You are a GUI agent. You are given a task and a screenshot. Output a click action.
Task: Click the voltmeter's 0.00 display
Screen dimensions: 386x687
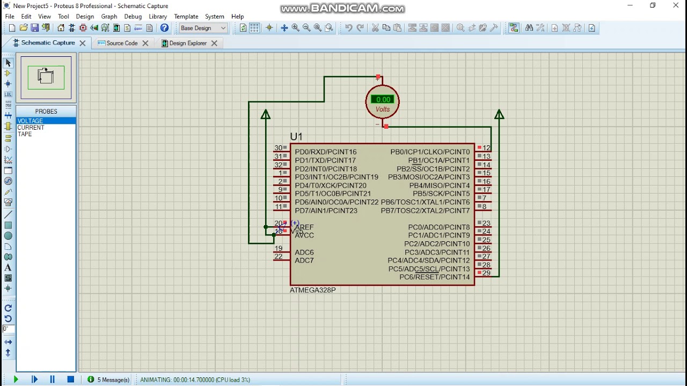(x=383, y=100)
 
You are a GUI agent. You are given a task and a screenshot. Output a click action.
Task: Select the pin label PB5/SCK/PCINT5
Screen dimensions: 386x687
(x=441, y=194)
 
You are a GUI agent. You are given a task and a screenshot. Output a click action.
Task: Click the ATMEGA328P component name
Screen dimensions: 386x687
(x=312, y=290)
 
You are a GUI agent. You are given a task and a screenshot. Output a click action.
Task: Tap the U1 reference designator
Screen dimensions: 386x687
(x=296, y=137)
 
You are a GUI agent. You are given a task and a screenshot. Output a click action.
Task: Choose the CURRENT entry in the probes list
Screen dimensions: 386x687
(x=31, y=128)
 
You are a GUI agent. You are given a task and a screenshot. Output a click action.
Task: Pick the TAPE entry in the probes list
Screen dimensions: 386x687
(x=25, y=134)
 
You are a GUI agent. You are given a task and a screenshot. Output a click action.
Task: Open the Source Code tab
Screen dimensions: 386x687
(x=122, y=43)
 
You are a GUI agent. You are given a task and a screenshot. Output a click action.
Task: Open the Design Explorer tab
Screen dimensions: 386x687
(x=188, y=43)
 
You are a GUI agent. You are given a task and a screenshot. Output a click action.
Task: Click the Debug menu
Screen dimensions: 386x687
(x=133, y=17)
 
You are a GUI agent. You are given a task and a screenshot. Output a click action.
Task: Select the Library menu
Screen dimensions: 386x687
(x=158, y=17)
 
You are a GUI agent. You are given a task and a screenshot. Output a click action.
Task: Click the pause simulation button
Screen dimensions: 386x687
(x=52, y=380)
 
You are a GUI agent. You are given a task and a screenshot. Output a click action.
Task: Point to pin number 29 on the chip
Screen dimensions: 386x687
(x=486, y=273)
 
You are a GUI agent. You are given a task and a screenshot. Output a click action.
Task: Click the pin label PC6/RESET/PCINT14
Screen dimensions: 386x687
(x=434, y=277)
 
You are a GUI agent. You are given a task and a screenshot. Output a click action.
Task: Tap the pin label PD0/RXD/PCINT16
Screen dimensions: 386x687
(x=325, y=152)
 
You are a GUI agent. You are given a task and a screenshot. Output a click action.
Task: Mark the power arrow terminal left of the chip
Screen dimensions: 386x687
(x=266, y=114)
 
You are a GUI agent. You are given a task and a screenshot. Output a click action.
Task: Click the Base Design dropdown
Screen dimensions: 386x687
(x=203, y=28)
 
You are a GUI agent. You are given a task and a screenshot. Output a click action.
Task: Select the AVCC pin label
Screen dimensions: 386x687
(x=304, y=235)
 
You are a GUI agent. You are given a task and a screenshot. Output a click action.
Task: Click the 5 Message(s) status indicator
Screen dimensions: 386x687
(x=109, y=380)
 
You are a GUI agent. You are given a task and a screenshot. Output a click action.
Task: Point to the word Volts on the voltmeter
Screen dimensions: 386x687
(x=383, y=109)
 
